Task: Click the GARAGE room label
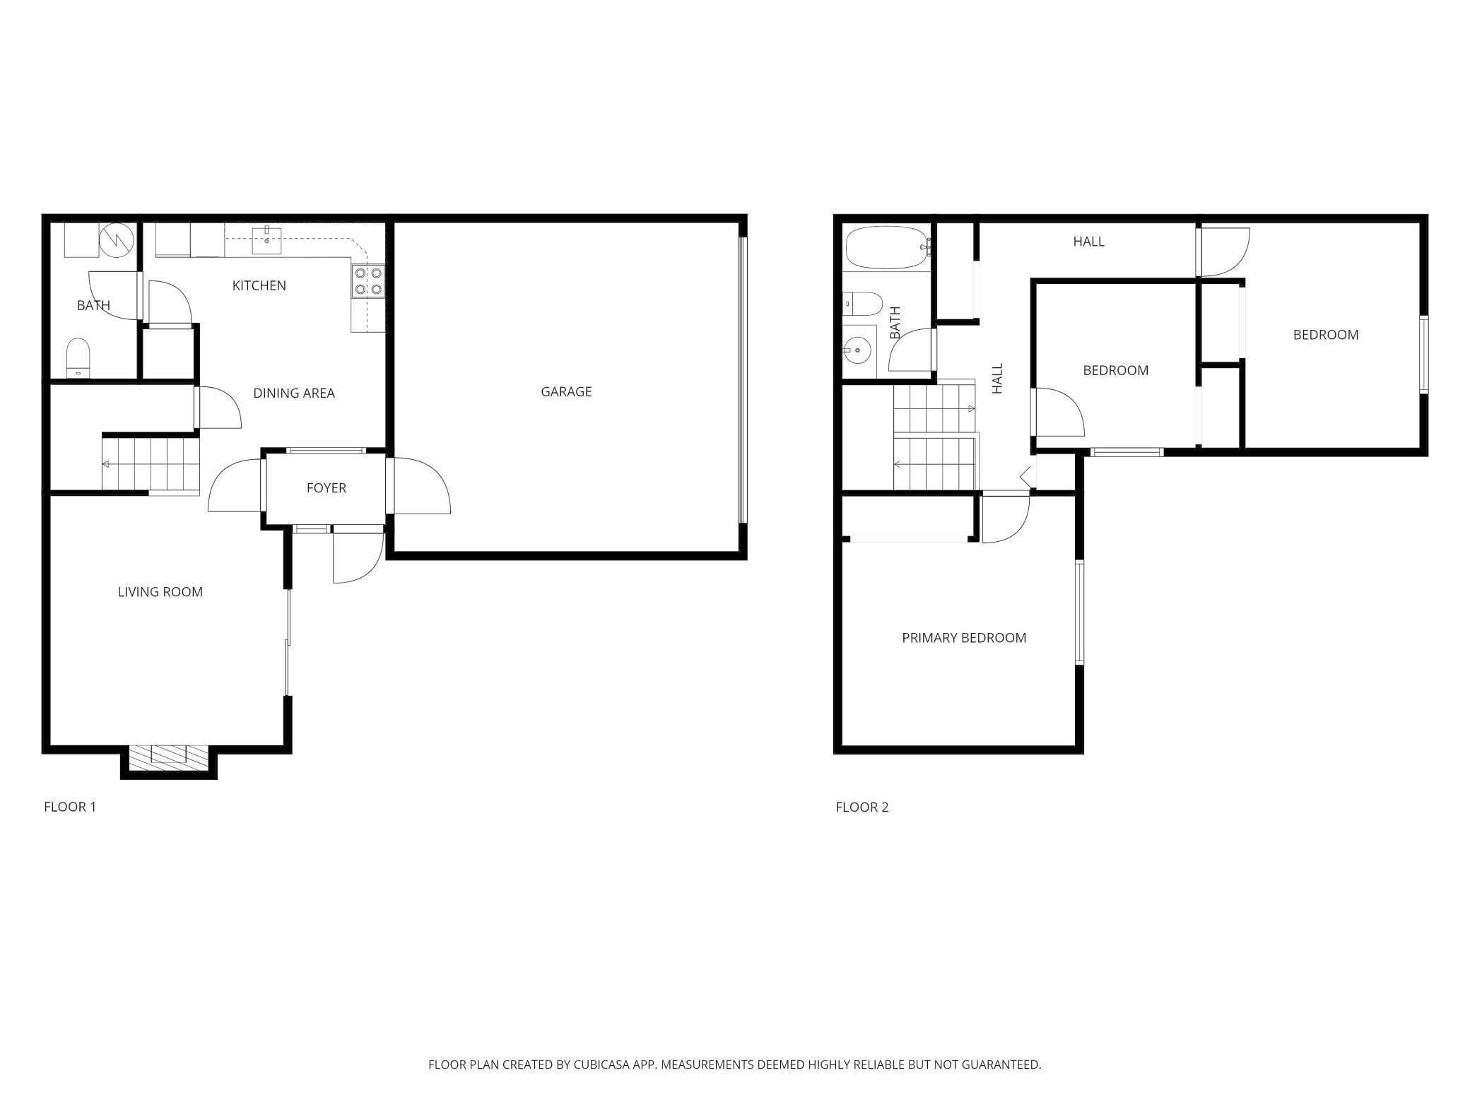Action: pos(566,391)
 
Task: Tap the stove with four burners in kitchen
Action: pos(368,280)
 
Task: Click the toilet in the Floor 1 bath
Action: pos(78,357)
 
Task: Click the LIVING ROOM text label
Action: pos(160,592)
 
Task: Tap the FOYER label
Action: pos(326,488)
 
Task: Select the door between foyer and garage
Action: pos(418,486)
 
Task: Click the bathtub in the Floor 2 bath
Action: pos(886,247)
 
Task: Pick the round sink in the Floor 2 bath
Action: pos(857,348)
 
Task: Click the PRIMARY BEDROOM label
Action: pos(964,638)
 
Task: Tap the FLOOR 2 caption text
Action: pos(862,807)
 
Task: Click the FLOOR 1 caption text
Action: pos(70,807)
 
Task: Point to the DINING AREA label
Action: pos(294,393)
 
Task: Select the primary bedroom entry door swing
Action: pos(1005,519)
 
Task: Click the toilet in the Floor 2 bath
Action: pos(863,304)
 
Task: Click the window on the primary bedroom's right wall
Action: pos(1079,612)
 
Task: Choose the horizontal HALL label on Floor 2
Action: pos(1088,242)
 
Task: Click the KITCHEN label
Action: pos(259,285)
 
